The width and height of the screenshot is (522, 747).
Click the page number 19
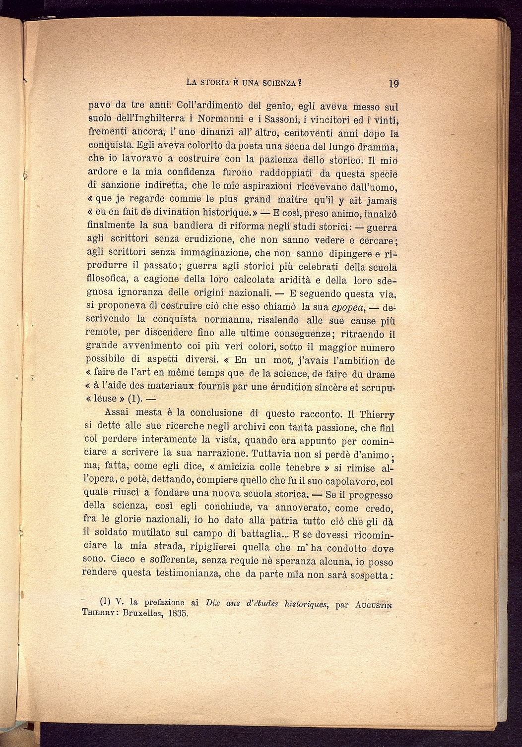393,83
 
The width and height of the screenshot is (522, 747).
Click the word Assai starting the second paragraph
117,412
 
